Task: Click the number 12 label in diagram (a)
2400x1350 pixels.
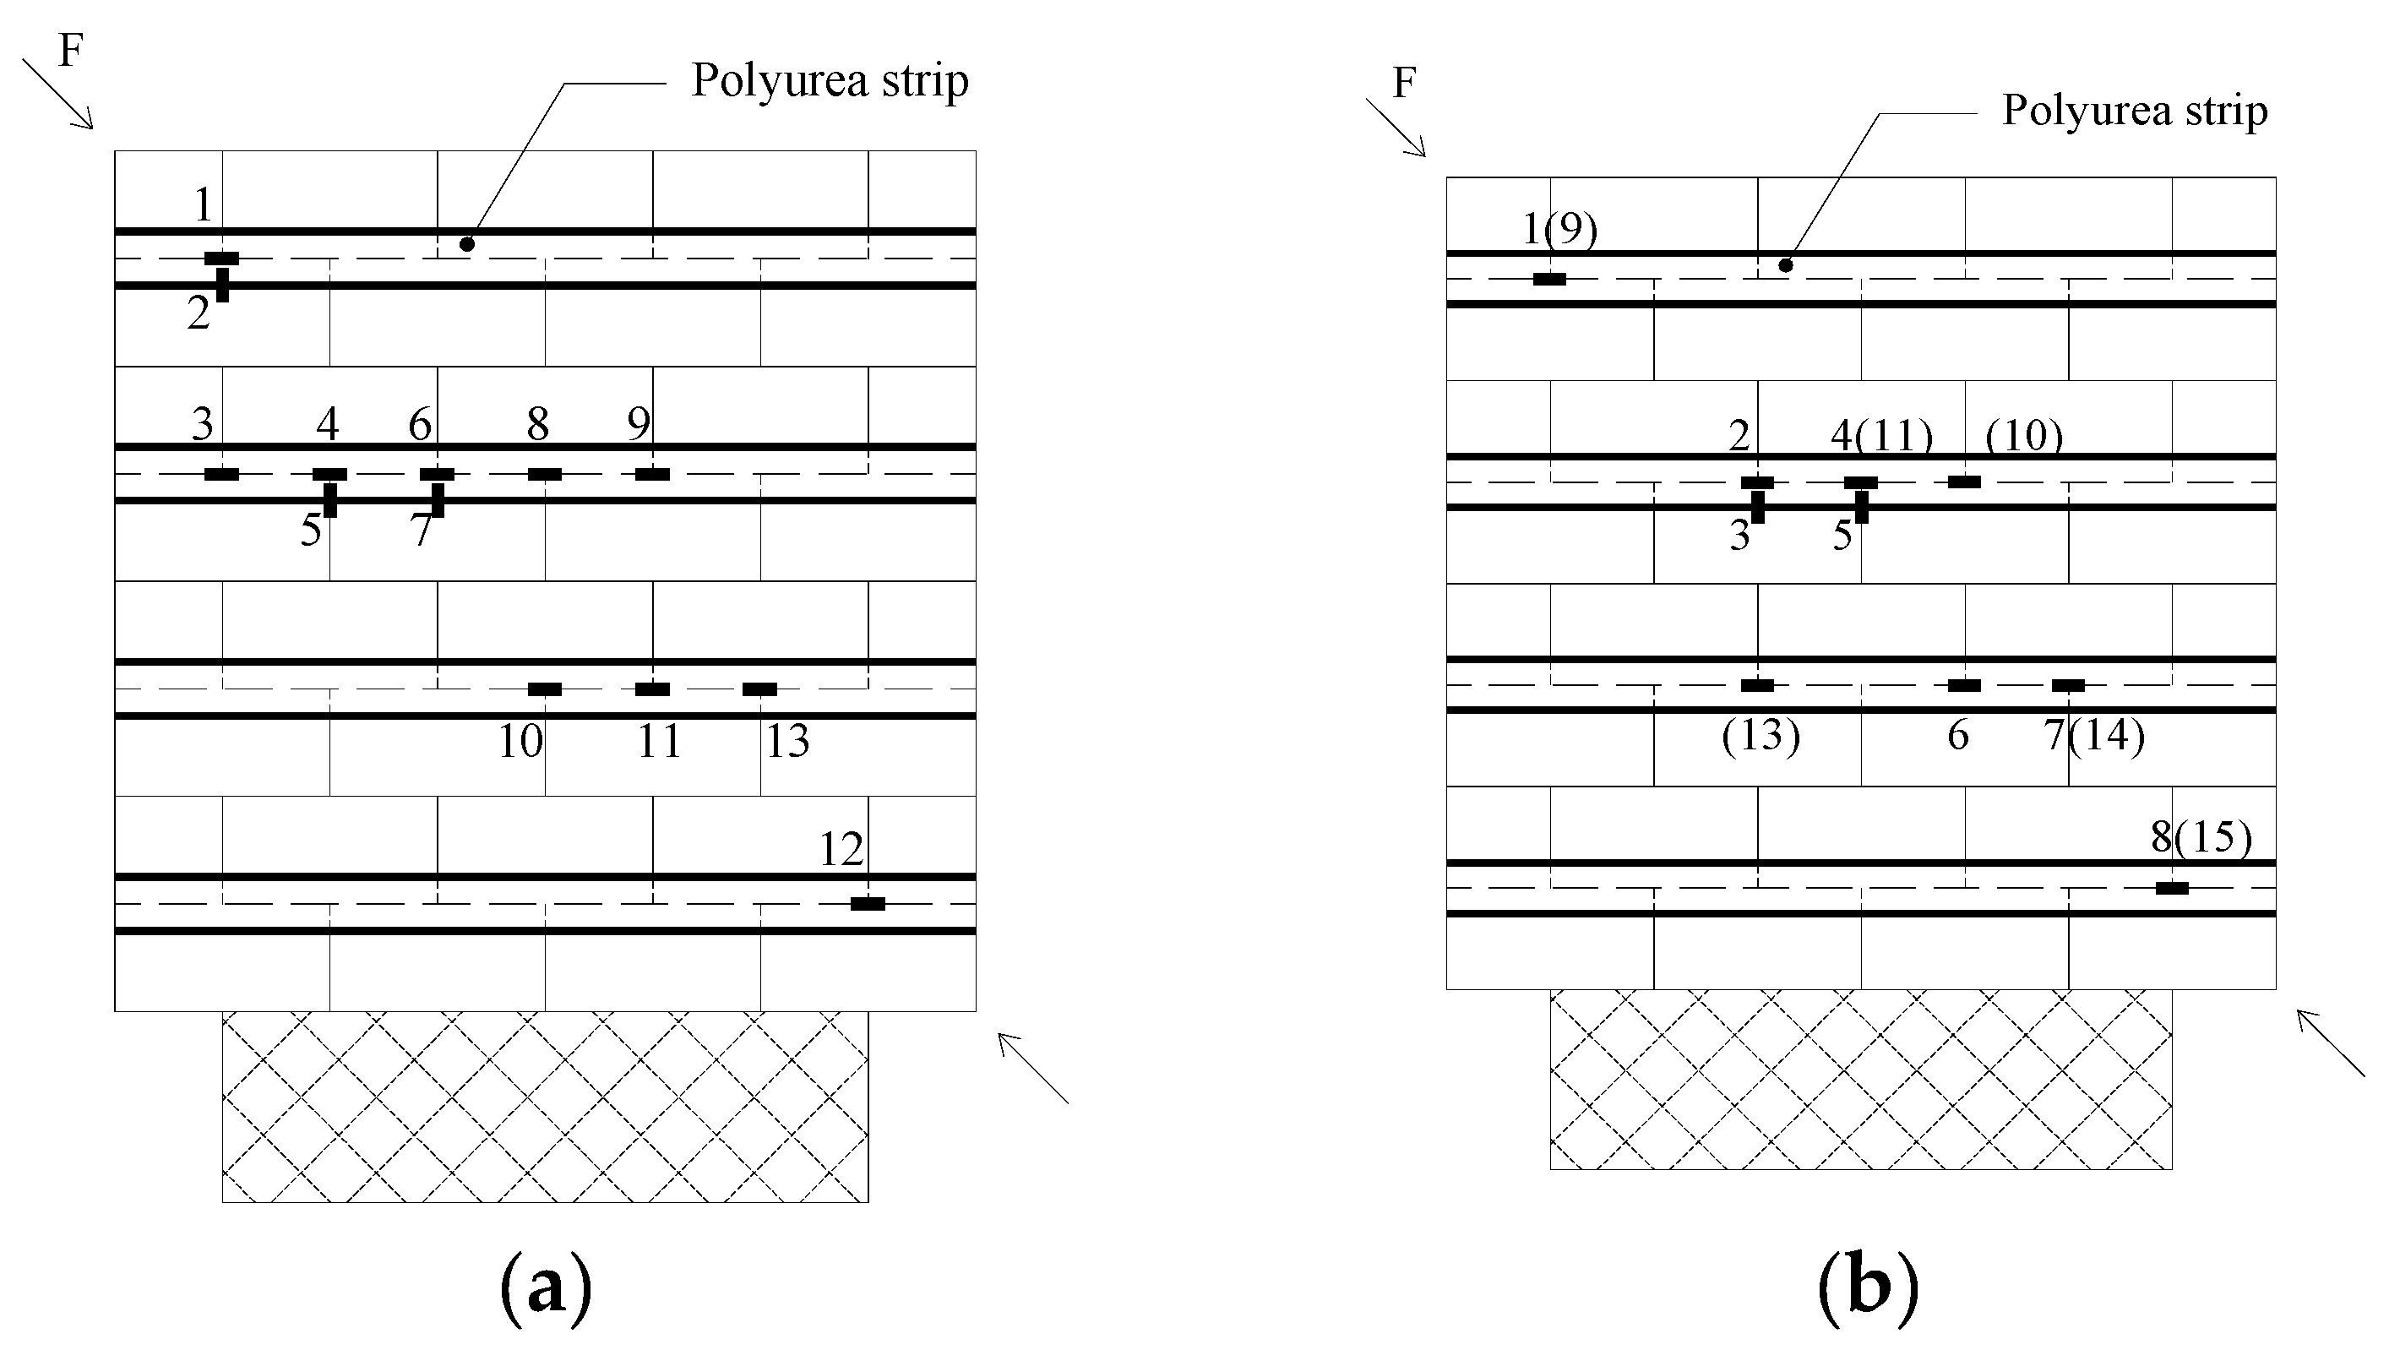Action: (841, 849)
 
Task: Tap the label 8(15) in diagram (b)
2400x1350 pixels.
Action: (2201, 836)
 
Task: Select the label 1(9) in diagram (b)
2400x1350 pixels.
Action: (1559, 229)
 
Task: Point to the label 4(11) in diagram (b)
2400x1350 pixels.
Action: (1882, 435)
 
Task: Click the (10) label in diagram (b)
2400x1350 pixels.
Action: (2023, 435)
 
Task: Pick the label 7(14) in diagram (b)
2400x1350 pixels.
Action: (2094, 735)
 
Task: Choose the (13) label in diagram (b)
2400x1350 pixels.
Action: (1761, 735)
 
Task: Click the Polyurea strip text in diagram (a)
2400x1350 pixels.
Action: (830, 81)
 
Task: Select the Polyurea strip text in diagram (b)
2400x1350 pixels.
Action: (2135, 111)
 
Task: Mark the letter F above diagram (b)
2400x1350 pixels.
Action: (1404, 83)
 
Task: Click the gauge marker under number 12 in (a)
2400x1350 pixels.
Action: (868, 904)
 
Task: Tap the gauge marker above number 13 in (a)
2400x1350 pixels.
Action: (759, 689)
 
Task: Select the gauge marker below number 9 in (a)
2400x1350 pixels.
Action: (652, 474)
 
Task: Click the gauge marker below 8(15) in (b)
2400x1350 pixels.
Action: (2172, 888)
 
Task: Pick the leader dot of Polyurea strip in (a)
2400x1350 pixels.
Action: (468, 244)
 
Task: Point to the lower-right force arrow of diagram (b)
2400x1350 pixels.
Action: (2329, 1042)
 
